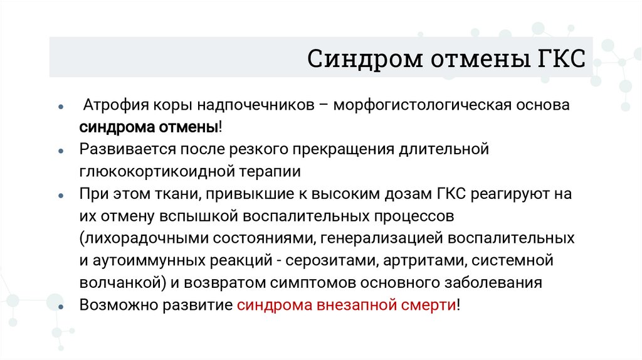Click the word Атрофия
[x=117, y=105]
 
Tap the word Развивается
[x=127, y=149]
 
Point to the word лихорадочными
[x=140, y=238]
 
